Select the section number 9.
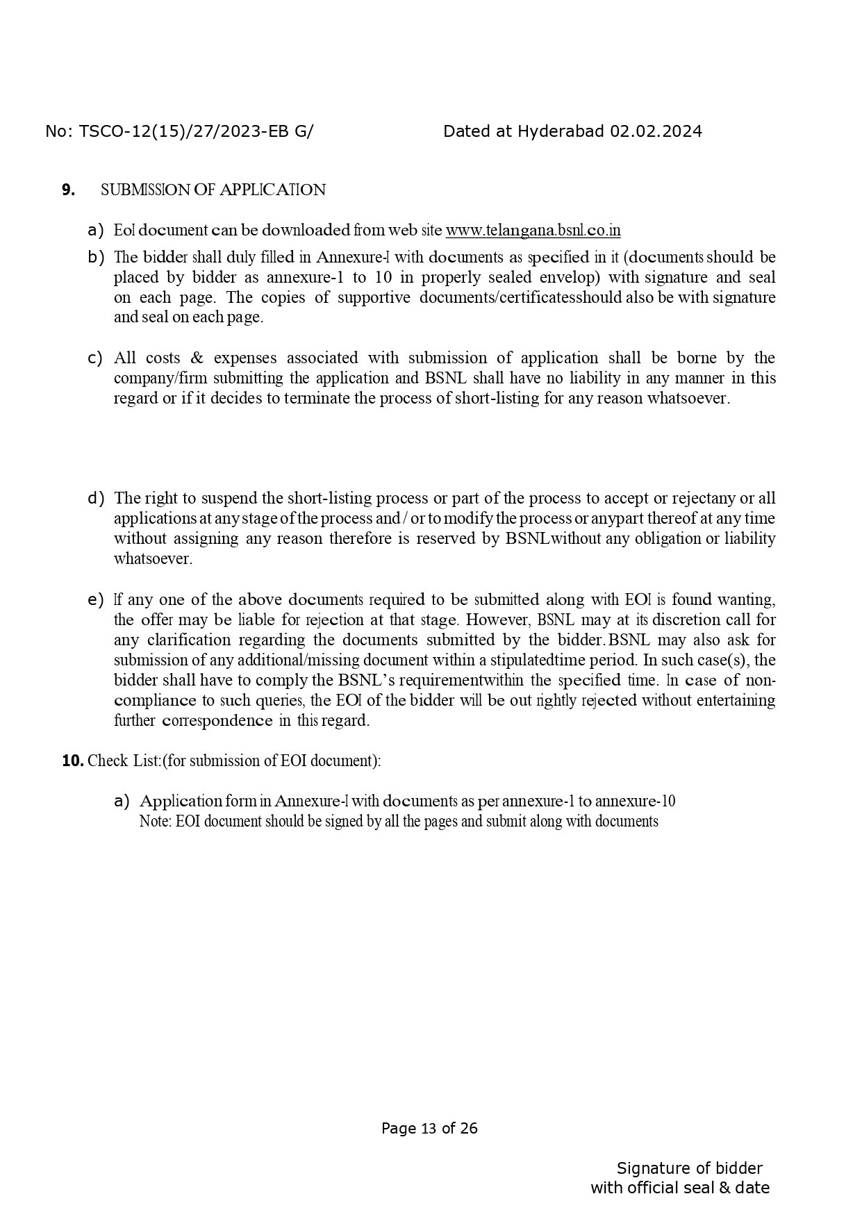coord(68,190)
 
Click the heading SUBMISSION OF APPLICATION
coord(213,190)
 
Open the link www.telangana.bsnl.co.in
coord(533,230)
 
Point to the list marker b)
coord(96,257)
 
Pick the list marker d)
coord(96,498)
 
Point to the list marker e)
coord(96,599)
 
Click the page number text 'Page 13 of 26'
coord(429,1128)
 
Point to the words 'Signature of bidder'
coord(689,1168)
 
